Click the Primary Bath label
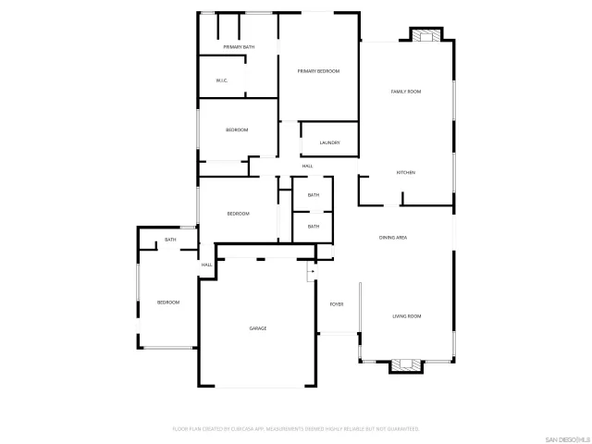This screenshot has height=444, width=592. point(239,46)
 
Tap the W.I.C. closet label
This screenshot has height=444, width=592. point(222,80)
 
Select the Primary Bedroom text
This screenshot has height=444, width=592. point(318,71)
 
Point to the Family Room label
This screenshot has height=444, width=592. point(406,92)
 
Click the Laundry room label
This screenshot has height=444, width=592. point(329,142)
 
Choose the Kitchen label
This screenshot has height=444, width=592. point(405,173)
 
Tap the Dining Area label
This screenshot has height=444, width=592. point(393,238)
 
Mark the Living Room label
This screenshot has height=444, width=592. point(406,316)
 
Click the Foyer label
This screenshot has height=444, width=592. point(336,303)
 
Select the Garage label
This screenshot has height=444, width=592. point(257,328)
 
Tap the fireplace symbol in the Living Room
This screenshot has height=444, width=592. point(406,364)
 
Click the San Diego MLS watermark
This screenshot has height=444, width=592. point(566,438)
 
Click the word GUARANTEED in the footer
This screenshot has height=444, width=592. point(403,429)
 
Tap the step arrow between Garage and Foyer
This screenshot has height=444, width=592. point(312,272)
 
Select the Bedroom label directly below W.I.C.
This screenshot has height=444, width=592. point(237,129)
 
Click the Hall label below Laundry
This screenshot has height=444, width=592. point(307,166)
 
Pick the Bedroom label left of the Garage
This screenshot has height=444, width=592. point(167,302)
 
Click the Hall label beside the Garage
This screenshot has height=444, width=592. point(207,265)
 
